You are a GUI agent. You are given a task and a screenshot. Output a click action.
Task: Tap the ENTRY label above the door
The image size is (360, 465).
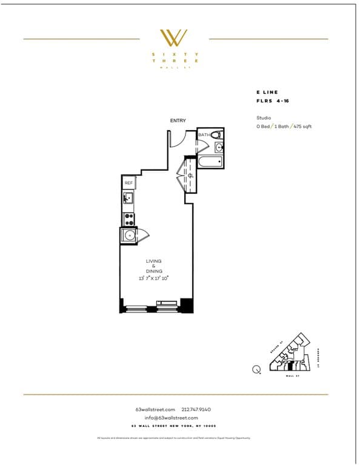click(178, 121)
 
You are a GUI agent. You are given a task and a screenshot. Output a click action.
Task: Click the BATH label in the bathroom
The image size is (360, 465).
click(204, 135)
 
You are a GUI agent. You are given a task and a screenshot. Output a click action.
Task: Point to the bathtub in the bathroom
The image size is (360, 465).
click(211, 162)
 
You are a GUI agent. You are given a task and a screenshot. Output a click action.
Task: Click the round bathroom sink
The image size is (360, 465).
click(218, 147)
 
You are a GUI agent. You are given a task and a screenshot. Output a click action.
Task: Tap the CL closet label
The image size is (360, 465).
click(190, 176)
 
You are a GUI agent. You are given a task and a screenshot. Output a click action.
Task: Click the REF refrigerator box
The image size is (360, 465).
click(128, 182)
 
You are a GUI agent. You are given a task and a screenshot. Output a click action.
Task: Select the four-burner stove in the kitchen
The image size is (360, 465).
click(128, 219)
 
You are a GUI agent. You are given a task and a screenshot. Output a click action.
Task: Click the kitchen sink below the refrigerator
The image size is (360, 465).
click(128, 198)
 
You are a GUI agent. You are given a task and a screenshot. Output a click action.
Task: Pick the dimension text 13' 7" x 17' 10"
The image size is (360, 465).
click(153, 278)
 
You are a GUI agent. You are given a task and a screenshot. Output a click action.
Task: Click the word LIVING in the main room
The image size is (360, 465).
click(153, 261)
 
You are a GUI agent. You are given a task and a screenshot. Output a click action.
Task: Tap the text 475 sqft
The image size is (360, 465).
click(302, 127)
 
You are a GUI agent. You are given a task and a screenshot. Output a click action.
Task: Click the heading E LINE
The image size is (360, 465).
click(267, 92)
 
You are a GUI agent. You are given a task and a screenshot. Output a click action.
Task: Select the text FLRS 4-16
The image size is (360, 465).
click(273, 101)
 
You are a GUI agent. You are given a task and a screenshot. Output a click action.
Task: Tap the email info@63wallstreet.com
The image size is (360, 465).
click(171, 418)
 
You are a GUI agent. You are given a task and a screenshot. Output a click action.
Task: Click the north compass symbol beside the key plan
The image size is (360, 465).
click(256, 369)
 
